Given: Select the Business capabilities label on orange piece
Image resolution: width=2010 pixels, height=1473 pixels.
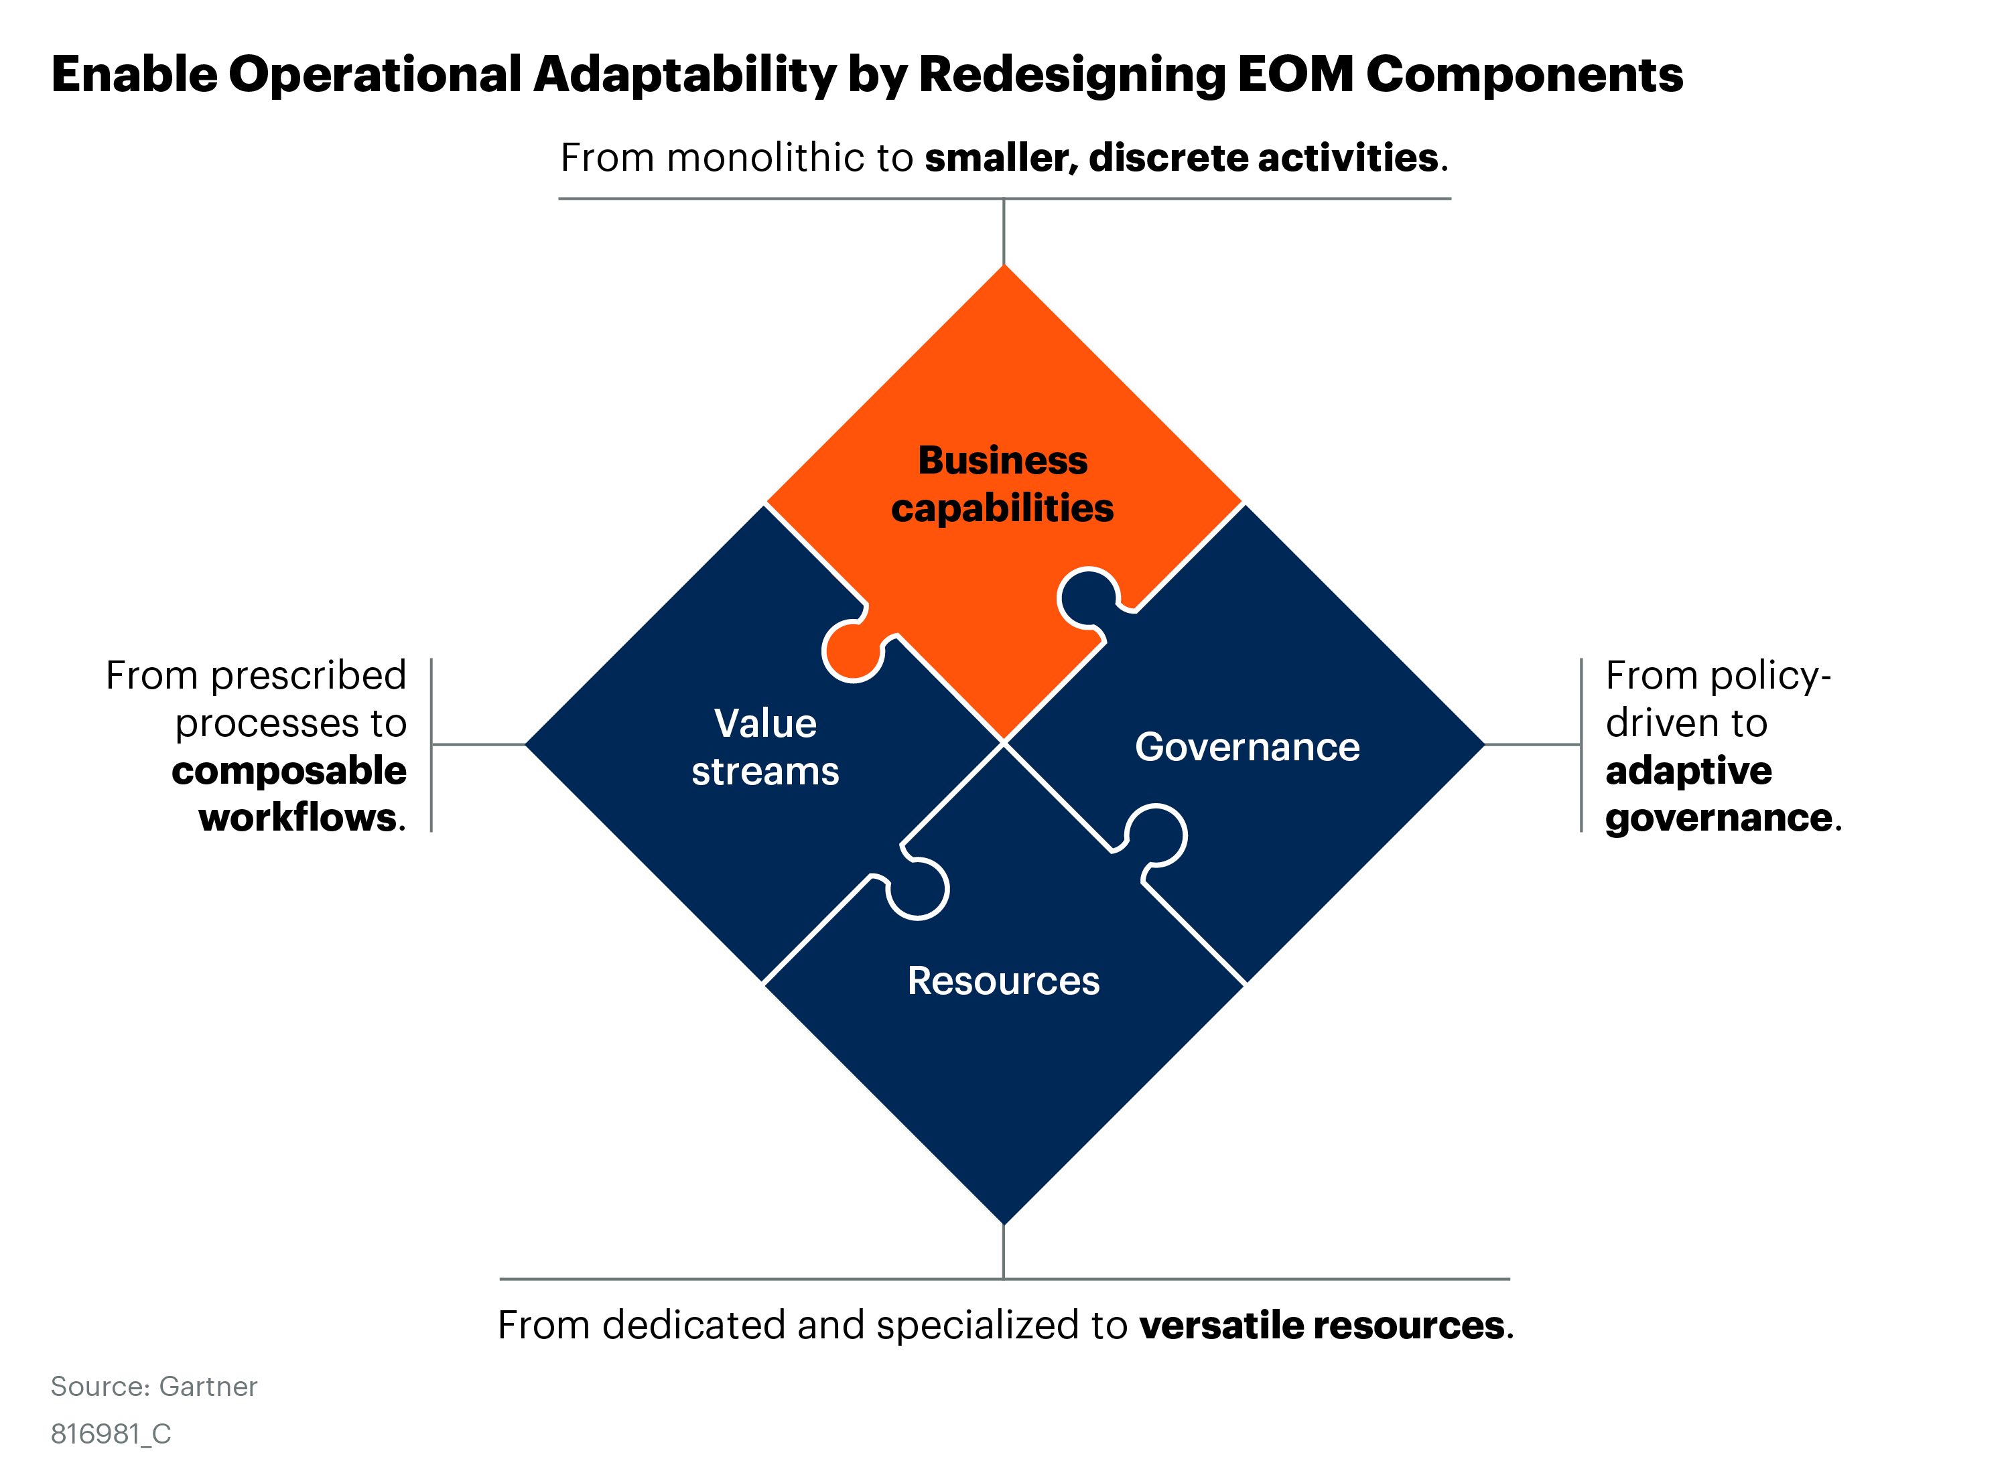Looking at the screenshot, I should [1002, 484].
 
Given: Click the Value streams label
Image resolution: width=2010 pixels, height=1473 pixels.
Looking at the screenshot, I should [765, 747].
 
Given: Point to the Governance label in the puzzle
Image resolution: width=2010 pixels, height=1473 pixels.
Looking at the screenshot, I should [1247, 747].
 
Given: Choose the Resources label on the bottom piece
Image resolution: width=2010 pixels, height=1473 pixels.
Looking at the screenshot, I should [1003, 981].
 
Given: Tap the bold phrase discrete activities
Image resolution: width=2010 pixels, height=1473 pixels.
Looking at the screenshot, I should [1263, 158].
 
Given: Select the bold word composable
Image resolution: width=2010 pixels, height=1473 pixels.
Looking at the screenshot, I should [289, 770].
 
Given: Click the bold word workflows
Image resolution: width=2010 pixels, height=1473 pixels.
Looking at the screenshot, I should [297, 818].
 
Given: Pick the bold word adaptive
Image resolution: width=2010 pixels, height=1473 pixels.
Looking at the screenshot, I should [1688, 770].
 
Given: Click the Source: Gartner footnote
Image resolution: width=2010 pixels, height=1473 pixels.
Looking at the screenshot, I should [153, 1387].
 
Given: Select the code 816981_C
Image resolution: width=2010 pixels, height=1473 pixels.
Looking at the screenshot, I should [111, 1433].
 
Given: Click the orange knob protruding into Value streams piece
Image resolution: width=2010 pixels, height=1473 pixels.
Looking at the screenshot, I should [852, 651].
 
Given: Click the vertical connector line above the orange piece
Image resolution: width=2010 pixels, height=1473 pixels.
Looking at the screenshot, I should [1004, 232].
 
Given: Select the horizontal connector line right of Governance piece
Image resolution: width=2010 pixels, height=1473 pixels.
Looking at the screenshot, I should [1532, 744].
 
